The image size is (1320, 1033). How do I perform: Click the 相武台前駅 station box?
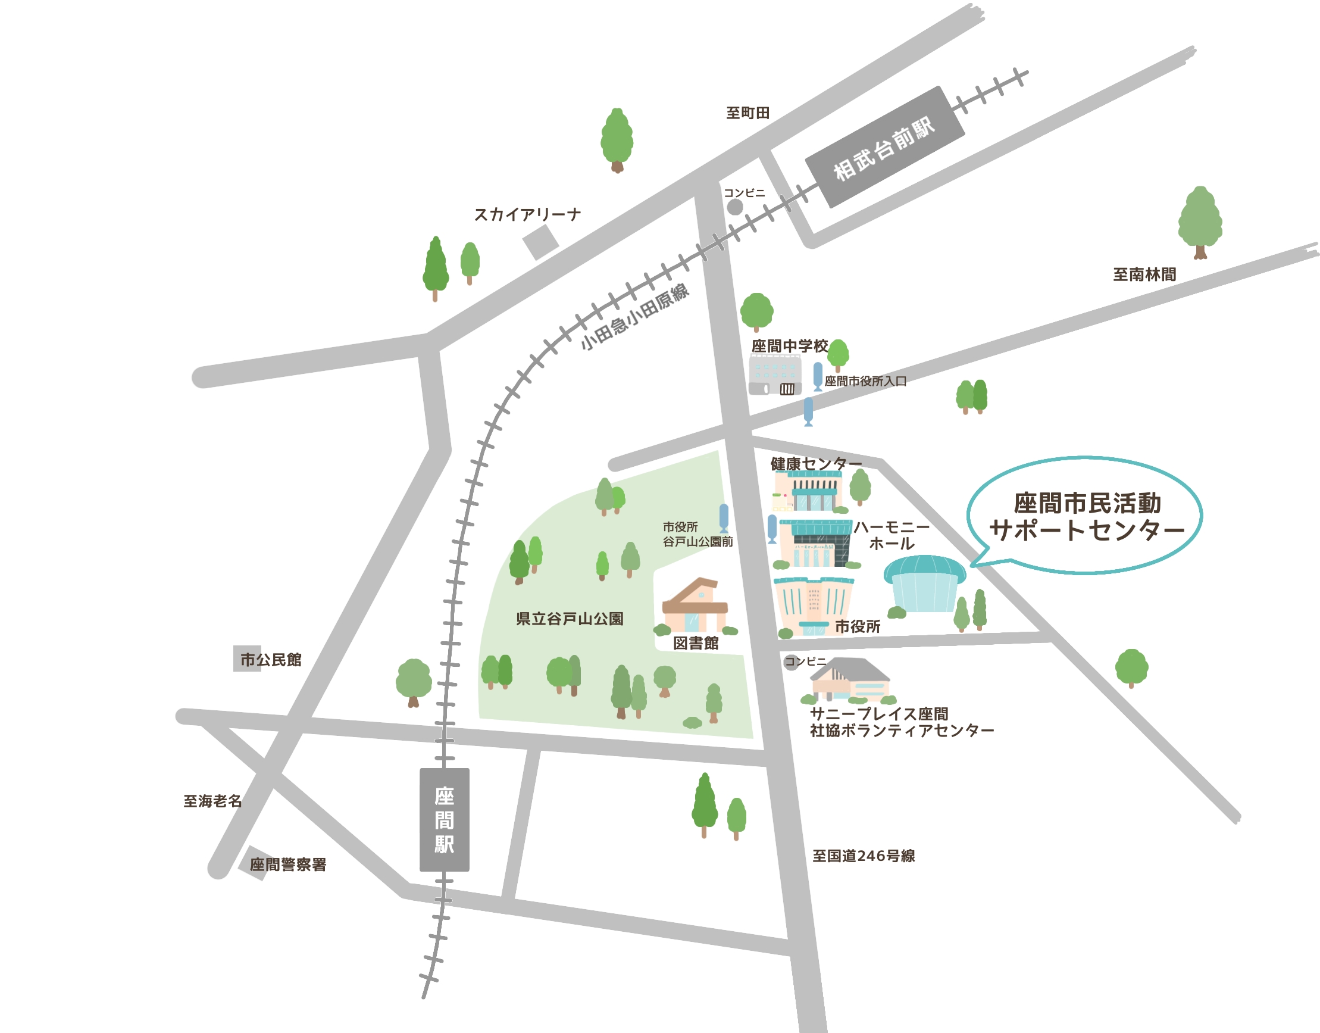[x=885, y=147]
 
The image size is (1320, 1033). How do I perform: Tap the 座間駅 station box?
[x=444, y=819]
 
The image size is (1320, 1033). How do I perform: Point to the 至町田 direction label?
[x=747, y=113]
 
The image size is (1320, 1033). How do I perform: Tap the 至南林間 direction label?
[x=1144, y=274]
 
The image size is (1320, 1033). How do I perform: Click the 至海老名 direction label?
[x=212, y=801]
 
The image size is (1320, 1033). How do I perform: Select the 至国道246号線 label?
[x=863, y=856]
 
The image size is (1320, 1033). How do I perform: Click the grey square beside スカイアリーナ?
[x=540, y=242]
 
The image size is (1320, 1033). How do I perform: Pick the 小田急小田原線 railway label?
[x=634, y=317]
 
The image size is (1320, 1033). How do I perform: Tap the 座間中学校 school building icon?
[x=775, y=375]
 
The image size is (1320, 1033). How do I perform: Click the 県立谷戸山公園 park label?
[x=570, y=619]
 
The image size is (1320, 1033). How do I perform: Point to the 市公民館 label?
[x=270, y=660]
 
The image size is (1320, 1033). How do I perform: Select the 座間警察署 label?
[x=287, y=865]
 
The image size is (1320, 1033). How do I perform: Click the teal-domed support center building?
[x=925, y=583]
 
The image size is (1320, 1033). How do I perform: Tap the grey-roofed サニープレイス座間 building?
[x=849, y=680]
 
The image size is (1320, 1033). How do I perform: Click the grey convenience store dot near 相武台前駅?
[x=734, y=207]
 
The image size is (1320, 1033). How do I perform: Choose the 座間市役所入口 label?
[x=865, y=381]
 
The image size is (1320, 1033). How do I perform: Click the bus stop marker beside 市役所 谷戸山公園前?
[x=724, y=519]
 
